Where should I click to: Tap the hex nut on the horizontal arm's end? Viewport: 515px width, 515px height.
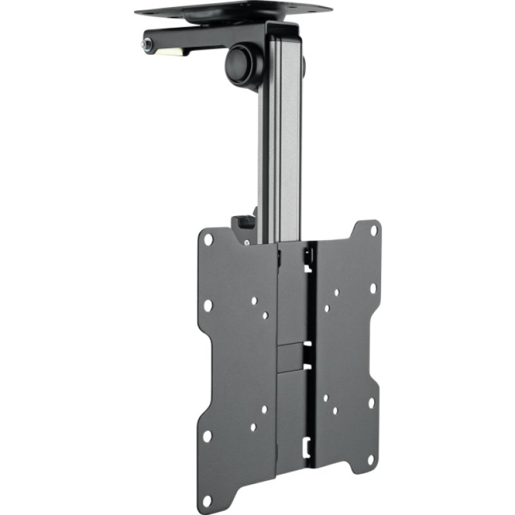(146, 45)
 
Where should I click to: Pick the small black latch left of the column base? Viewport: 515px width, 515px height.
(243, 222)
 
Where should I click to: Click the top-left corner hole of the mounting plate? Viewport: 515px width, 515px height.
(208, 239)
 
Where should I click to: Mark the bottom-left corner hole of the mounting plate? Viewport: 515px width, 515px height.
(206, 500)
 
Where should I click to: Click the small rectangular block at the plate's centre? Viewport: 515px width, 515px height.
(292, 353)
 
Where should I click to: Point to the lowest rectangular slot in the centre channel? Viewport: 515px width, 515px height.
(308, 444)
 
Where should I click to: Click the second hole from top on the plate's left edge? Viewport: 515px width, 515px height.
(207, 306)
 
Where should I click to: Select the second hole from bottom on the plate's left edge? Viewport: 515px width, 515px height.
(207, 436)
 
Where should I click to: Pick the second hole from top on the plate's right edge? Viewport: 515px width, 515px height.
(373, 287)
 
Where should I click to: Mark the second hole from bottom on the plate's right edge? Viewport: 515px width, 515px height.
(371, 402)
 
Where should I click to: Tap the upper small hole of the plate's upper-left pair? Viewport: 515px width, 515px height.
(254, 301)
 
